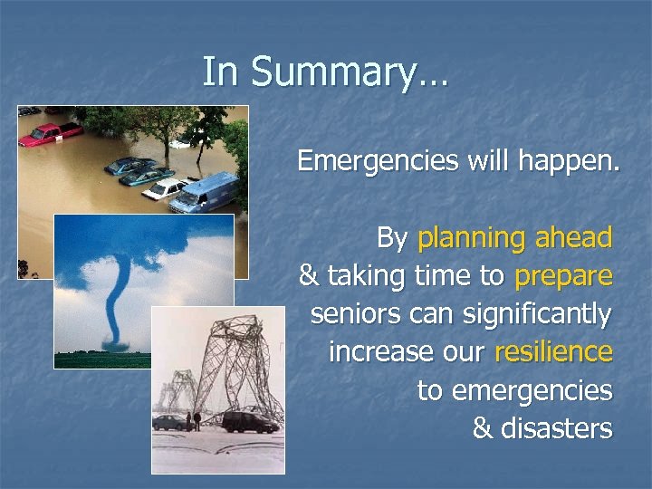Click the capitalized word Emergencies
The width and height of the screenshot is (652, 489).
379,161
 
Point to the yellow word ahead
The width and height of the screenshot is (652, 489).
574,238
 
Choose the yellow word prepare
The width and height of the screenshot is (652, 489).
563,275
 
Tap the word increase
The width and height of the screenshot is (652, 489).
374,351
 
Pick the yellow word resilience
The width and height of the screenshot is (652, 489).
553,351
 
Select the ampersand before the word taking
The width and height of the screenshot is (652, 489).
308,275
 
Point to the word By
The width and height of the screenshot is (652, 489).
392,239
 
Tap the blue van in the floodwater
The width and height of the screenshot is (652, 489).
206,192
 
